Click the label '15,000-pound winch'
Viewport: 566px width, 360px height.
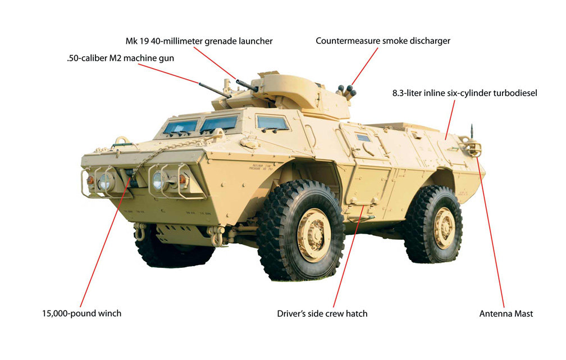(x=81, y=313)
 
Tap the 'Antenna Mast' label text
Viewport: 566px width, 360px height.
(x=506, y=314)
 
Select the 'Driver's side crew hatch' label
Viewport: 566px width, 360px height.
(x=322, y=314)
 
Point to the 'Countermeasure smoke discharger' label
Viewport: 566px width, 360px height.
(x=383, y=41)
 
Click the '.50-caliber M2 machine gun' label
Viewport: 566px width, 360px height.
(x=120, y=58)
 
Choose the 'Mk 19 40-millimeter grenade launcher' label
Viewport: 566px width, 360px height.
(x=199, y=41)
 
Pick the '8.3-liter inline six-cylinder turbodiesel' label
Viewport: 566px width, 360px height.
(x=464, y=93)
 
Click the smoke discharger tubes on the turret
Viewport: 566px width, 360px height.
(x=346, y=91)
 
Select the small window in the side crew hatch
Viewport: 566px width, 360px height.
(x=363, y=138)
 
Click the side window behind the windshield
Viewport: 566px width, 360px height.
(x=272, y=123)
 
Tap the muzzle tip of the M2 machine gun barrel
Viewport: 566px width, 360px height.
(x=199, y=84)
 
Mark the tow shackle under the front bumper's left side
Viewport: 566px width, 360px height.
(x=140, y=231)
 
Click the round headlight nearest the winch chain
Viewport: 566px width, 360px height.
(x=158, y=180)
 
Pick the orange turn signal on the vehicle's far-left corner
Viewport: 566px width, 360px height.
(x=90, y=180)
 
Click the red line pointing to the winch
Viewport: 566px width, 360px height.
(x=105, y=242)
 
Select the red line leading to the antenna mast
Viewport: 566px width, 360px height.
(x=491, y=231)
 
